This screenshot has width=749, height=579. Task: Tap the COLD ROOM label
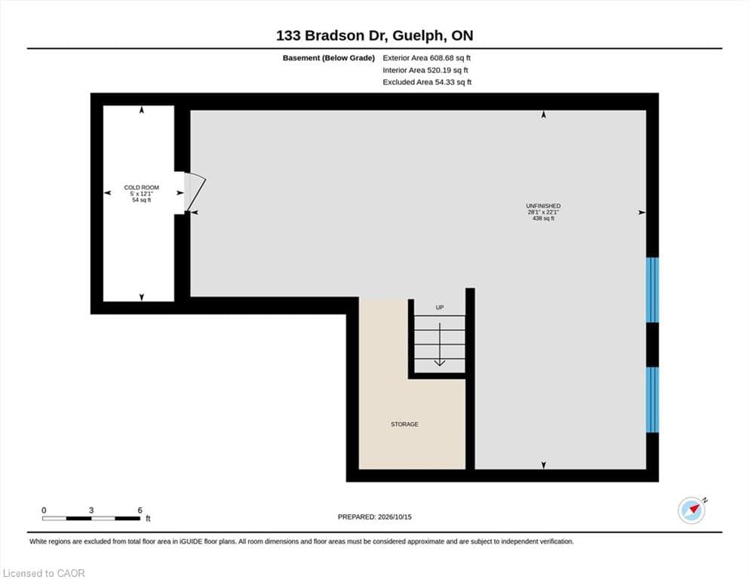coord(141,188)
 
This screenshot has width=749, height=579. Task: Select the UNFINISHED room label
coord(543,207)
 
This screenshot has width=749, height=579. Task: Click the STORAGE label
coord(404,424)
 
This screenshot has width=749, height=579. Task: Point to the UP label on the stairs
coord(440,308)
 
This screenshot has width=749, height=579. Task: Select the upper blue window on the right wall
coord(652,289)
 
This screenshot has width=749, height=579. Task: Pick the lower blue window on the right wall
coord(652,400)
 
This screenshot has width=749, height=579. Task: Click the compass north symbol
coord(692,510)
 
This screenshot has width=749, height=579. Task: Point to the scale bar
coord(91,519)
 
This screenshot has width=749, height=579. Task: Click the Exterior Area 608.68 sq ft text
coord(427,58)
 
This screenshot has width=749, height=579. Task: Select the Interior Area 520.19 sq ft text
coord(425,70)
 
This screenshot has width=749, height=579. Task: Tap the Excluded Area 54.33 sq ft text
coord(427,82)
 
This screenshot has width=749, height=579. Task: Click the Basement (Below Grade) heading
coord(329,58)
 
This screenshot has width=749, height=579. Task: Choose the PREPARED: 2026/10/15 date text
coord(374,516)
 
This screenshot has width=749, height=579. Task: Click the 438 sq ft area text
coord(543,218)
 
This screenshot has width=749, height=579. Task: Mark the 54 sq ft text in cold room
coord(141,200)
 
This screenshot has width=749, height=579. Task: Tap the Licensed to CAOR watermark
coord(44,573)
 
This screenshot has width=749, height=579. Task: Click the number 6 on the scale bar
coord(140,510)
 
